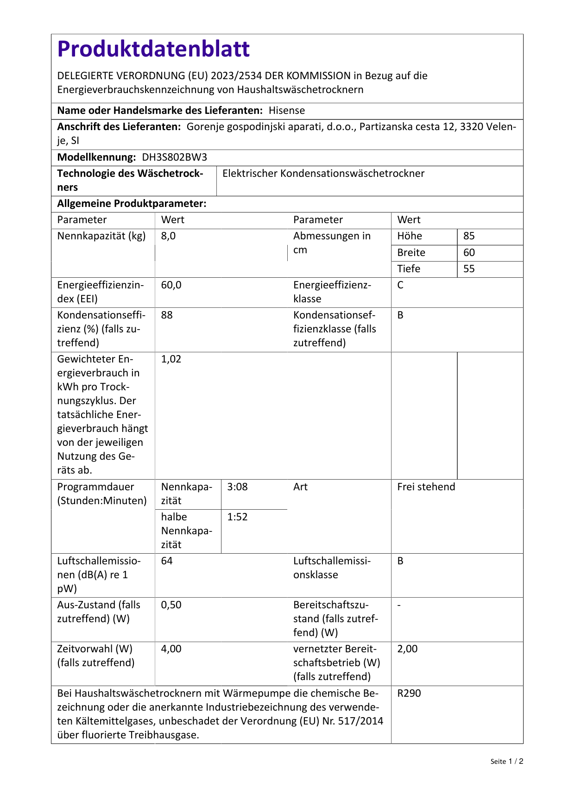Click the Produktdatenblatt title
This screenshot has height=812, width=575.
click(153, 49)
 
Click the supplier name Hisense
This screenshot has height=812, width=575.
click(287, 111)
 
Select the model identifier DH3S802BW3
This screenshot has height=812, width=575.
click(174, 157)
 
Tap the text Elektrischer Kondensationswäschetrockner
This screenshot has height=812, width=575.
click(323, 174)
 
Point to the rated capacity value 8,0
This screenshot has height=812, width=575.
click(168, 236)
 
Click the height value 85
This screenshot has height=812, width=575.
click(469, 236)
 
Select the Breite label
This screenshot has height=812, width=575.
click(411, 253)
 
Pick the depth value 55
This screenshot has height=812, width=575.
click(469, 269)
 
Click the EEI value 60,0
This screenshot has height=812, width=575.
click(171, 285)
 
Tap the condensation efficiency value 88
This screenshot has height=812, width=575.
click(167, 315)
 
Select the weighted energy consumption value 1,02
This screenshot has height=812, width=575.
click(171, 359)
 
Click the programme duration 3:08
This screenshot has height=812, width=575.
click(237, 487)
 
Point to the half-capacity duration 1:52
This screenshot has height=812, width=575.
click(237, 517)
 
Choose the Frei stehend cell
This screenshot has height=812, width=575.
click(426, 487)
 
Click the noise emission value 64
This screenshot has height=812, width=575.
click(167, 561)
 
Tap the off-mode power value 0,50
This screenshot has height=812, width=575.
click(171, 605)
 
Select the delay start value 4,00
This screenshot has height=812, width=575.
click(171, 649)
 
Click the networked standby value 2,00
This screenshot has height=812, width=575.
click(407, 649)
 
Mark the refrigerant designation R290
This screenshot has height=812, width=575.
click(409, 693)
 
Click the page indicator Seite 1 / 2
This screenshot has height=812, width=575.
click(506, 762)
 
